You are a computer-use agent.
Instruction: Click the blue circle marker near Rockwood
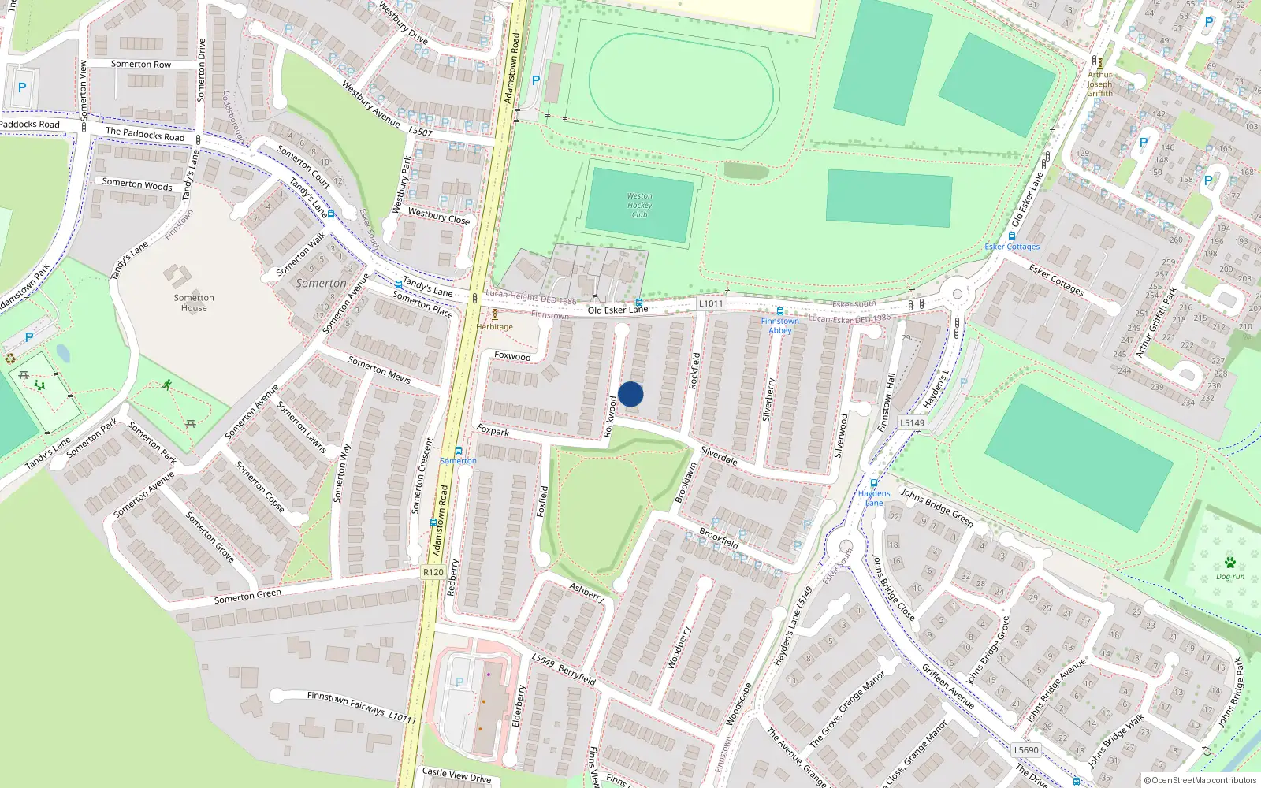[x=630, y=394]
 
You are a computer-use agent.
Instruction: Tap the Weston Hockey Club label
[x=639, y=205]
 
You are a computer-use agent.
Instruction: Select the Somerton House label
[x=194, y=303]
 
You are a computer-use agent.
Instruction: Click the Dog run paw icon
[x=1229, y=563]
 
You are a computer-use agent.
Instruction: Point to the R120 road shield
[x=433, y=572]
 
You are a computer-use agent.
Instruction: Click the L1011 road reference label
[x=710, y=303]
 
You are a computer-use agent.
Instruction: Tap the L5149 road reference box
[x=912, y=423]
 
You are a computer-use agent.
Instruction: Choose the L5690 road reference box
[x=1026, y=750]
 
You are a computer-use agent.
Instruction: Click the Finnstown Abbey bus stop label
[x=779, y=325]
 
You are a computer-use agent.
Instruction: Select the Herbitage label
[x=495, y=326]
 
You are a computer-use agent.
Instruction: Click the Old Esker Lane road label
[x=618, y=310]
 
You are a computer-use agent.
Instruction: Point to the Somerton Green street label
[x=247, y=597]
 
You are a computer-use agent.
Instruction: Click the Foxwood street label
[x=512, y=356]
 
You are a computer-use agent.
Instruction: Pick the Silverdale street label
[x=719, y=455]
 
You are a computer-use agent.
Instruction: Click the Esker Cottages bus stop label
[x=1012, y=247]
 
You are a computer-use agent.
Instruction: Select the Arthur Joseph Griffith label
[x=1099, y=84]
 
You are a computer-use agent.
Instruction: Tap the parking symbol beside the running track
[x=536, y=80]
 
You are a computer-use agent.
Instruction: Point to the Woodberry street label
[x=679, y=648]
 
